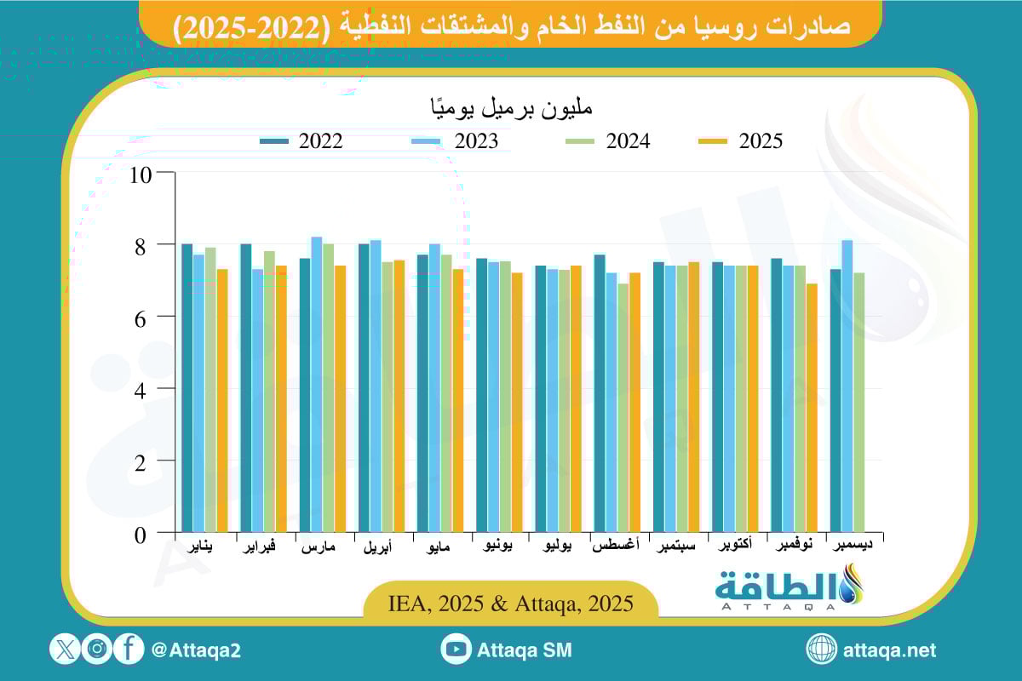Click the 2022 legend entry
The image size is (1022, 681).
(302, 141)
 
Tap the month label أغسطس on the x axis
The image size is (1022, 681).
(616, 547)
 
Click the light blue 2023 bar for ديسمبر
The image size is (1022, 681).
(847, 386)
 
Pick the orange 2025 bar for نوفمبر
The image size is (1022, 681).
(812, 408)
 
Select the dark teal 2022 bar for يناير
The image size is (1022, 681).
(187, 388)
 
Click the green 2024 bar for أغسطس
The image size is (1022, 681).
(623, 408)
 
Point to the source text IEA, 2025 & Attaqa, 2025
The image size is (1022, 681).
(510, 604)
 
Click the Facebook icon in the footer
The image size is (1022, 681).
(129, 650)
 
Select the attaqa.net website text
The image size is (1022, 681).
(889, 650)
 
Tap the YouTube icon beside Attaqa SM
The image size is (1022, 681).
(456, 650)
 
